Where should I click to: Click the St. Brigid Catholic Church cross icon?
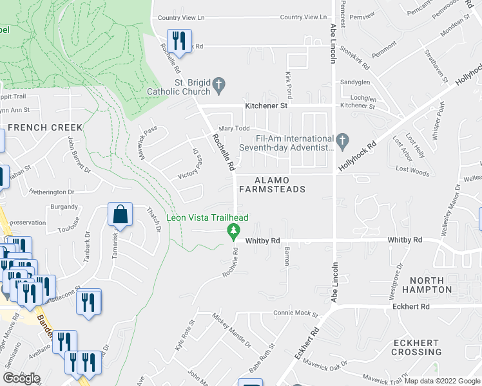219,84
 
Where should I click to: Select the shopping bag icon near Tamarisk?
120,214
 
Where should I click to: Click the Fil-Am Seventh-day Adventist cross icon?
342,139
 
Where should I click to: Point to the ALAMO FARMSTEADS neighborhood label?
271,185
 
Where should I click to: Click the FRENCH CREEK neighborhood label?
45,127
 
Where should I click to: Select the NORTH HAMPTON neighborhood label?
427,285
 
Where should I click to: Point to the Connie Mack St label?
296,313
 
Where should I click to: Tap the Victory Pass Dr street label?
189,163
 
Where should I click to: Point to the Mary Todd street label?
234,129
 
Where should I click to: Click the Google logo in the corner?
21,378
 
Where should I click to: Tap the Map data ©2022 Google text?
441,381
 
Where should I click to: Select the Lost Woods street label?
412,170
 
